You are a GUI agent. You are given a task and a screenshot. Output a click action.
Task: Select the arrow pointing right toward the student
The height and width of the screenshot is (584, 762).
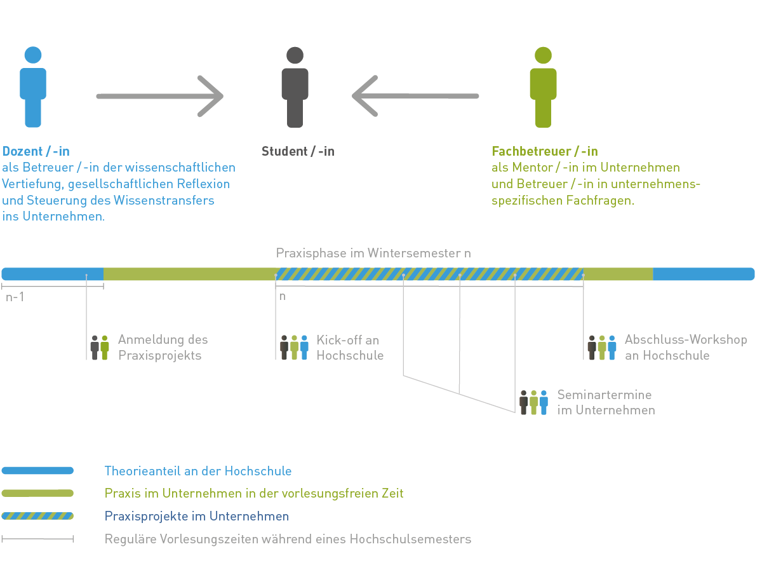pos(159,96)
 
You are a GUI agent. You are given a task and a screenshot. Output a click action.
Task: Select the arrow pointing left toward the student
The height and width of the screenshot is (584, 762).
pos(415,96)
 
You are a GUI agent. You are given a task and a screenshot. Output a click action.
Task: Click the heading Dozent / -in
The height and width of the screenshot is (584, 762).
pos(36,152)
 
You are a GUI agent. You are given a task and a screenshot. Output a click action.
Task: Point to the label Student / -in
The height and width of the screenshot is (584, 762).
pos(298,152)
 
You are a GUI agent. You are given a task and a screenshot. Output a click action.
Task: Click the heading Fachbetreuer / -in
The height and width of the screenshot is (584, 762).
pos(545,152)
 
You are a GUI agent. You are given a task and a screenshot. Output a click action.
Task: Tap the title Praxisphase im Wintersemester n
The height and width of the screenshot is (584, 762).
pos(373,253)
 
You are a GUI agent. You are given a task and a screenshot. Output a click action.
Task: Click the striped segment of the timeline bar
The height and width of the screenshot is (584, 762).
pos(429,274)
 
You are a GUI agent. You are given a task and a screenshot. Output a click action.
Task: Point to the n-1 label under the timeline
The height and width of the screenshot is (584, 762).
pos(15,297)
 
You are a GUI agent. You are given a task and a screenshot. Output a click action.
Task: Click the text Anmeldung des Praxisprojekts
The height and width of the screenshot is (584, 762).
pos(163,348)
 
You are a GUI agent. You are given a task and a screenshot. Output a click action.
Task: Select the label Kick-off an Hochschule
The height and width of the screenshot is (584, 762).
pos(350,348)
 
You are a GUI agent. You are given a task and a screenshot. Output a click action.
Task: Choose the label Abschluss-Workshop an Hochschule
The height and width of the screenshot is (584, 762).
pos(686,348)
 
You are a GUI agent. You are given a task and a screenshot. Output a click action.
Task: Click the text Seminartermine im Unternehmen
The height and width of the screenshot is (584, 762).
pos(606,402)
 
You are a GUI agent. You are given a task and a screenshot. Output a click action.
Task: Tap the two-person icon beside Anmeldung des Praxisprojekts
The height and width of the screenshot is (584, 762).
pos(100,348)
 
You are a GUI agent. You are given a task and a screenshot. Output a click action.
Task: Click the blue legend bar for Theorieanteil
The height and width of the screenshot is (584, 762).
pos(37,471)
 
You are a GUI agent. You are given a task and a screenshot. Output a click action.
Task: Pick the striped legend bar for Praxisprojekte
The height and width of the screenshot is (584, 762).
pos(37,516)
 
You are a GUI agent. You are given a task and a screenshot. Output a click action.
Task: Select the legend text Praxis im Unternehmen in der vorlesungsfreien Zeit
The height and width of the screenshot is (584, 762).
pos(254,493)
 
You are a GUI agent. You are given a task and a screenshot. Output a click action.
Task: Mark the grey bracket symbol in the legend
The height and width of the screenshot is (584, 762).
pos(37,539)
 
